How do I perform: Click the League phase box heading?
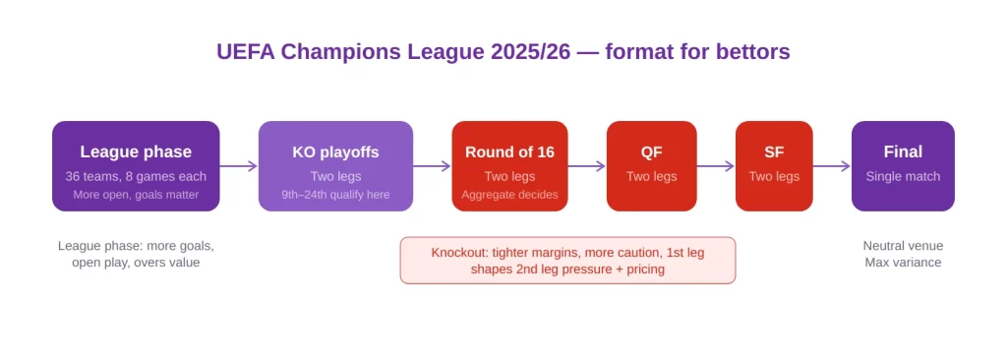point(136,151)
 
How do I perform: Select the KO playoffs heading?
point(335,152)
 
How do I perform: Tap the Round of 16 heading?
point(509,152)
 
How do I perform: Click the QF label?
point(651,152)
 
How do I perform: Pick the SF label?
point(774,152)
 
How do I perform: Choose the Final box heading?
point(903,151)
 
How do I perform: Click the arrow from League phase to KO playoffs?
point(239,166)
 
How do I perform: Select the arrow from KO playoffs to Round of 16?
point(433,166)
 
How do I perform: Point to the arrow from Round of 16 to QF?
point(587,166)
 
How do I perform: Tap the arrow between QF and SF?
point(716,166)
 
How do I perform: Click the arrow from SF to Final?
point(832,166)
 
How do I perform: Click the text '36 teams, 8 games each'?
point(136,176)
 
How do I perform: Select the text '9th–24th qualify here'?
point(335,194)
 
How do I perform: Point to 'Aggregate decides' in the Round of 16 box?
point(509,194)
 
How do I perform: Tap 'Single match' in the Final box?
point(903,176)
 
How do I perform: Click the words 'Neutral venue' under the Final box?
point(903,246)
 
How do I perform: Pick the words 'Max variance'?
point(903,263)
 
